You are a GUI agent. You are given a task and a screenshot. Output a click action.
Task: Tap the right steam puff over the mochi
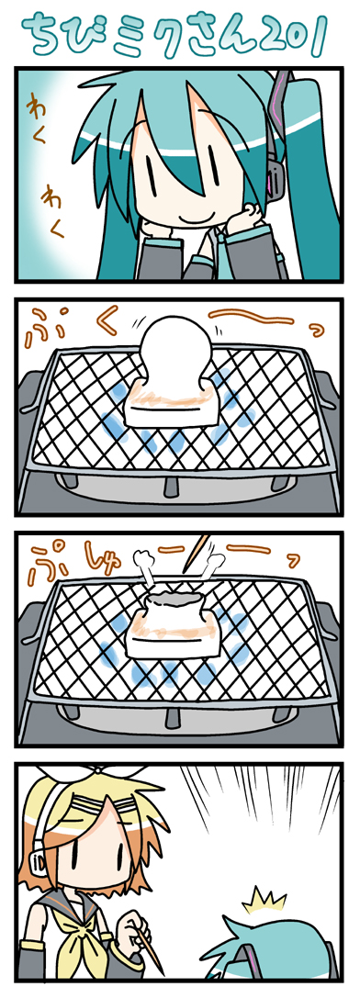pyautogui.click(x=211, y=566)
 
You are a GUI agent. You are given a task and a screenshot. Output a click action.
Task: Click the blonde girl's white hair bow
pyautogui.click(x=96, y=781)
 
